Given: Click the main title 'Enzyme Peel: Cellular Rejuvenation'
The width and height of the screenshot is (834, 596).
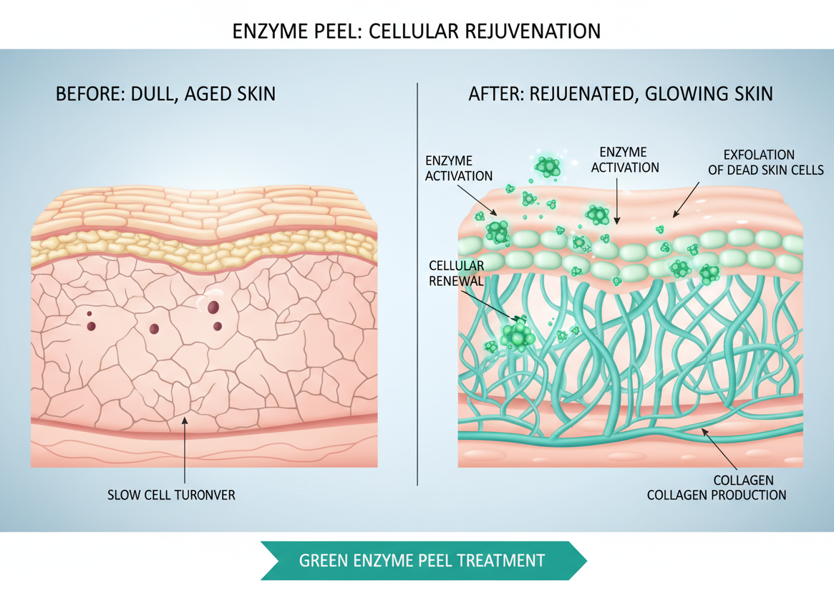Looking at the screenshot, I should click(417, 31).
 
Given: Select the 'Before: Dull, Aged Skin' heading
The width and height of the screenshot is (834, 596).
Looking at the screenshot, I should click(165, 94).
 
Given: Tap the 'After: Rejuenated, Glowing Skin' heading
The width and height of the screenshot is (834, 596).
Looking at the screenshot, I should click(621, 94).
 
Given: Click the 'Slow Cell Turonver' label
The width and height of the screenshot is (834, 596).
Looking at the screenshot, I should click(171, 495).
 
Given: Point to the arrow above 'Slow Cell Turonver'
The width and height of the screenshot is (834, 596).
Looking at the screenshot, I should click(185, 451).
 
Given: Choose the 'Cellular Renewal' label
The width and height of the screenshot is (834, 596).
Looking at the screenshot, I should click(456, 274).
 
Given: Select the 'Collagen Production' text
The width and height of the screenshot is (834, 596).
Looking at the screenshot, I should click(717, 495).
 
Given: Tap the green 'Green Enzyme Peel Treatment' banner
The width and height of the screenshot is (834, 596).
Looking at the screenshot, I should click(422, 560).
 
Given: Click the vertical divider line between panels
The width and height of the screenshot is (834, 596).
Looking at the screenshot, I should click(417, 287).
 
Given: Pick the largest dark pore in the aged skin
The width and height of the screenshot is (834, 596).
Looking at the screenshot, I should click(213, 307).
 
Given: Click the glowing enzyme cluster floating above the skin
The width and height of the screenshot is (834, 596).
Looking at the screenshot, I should click(548, 167).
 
